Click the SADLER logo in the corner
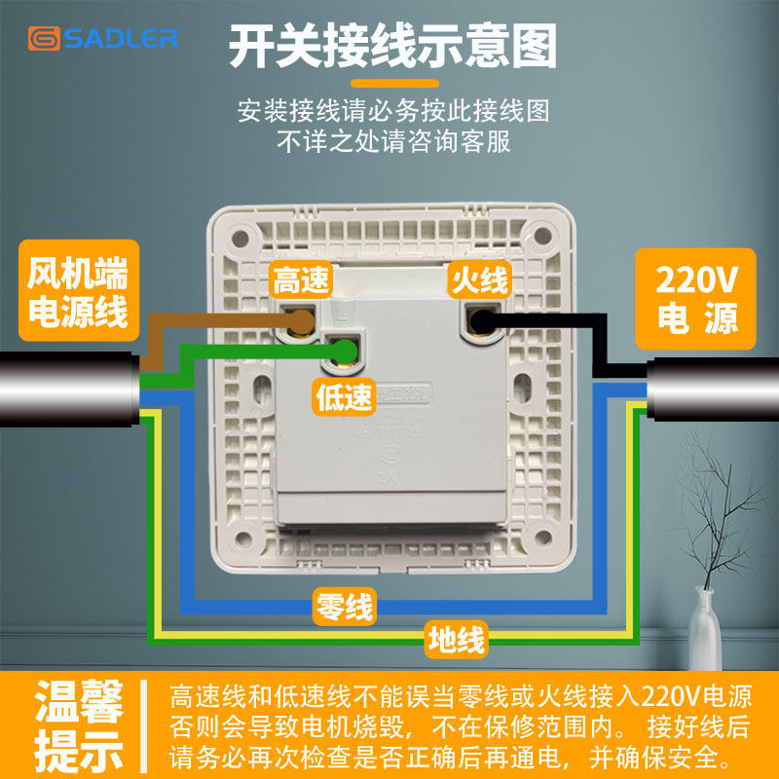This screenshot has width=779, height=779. tap(102, 38)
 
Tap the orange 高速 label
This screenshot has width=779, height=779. tap(302, 281)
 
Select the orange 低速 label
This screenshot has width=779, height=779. tap(344, 396)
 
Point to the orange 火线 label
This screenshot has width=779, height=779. tap(478, 281)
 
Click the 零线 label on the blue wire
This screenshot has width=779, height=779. tap(344, 609)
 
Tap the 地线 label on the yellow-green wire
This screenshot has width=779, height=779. tap(455, 640)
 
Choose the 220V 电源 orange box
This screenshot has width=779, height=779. tap(696, 298)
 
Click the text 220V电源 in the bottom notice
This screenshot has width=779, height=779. tap(698, 697)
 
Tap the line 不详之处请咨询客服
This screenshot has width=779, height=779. tap(393, 141)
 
